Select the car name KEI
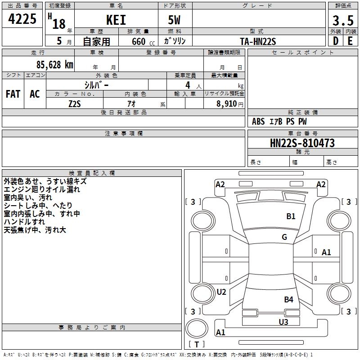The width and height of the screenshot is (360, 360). click(x=116, y=20)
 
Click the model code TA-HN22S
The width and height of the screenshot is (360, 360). click(x=258, y=41)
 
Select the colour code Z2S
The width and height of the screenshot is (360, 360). click(x=75, y=103)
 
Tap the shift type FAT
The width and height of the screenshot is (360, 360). click(x=13, y=94)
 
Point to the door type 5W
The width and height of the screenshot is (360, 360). click(x=175, y=20)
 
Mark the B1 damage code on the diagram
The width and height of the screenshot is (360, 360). click(x=291, y=216)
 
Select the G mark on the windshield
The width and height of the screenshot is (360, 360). click(x=284, y=237)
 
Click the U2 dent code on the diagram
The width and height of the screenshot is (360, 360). click(x=221, y=292)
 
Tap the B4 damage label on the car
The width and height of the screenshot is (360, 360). click(x=288, y=299)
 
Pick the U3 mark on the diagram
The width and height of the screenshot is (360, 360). click(x=283, y=322)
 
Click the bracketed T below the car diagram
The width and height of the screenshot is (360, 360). click(x=196, y=345)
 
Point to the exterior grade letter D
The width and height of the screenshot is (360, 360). click(x=335, y=41)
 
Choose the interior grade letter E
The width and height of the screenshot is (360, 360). click(x=350, y=41)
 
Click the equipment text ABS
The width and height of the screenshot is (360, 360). click(x=258, y=121)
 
